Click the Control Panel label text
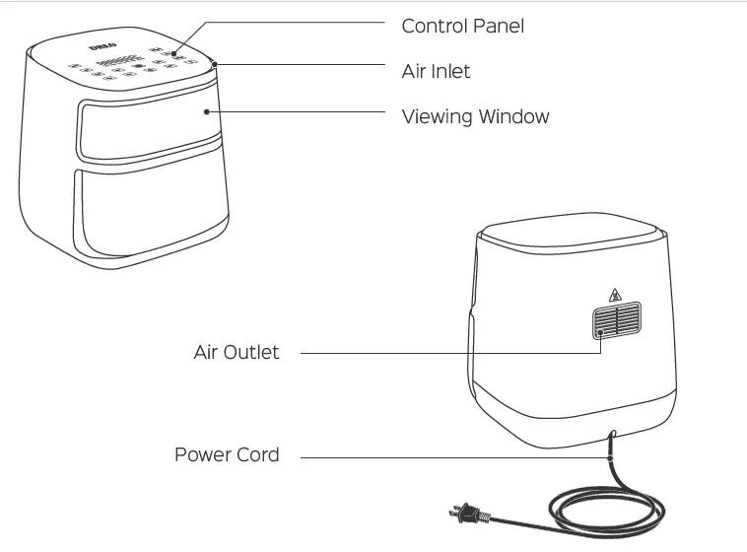[462, 27]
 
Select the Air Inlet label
[436, 71]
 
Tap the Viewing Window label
[475, 116]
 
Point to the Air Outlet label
[237, 352]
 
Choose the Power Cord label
[227, 455]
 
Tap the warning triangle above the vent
[616, 294]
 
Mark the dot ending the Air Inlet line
[215, 64]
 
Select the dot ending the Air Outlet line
[599, 333]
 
